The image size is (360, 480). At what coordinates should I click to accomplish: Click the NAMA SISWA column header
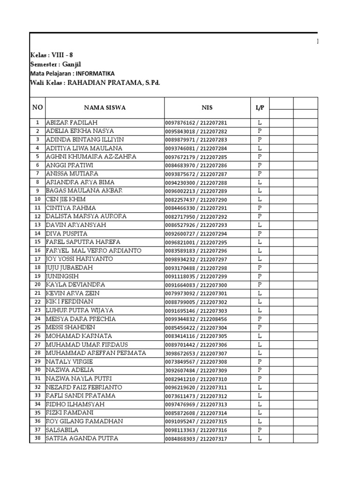[x=105, y=108]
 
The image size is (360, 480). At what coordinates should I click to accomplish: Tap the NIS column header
[x=207, y=108]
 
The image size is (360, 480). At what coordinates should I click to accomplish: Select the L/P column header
[x=259, y=108]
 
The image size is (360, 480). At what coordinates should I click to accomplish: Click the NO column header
[x=37, y=108]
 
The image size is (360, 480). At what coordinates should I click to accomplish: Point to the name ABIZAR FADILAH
[x=72, y=122]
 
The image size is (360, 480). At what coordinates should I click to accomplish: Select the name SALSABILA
[x=62, y=430]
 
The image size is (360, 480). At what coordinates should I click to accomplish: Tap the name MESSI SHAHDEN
[x=70, y=327]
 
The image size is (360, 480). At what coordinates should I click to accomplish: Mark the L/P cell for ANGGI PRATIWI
[x=259, y=165]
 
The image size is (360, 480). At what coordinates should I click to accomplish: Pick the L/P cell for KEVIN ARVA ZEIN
[x=259, y=293]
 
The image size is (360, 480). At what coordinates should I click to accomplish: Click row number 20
[x=37, y=285]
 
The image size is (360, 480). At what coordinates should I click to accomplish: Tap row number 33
[x=37, y=396]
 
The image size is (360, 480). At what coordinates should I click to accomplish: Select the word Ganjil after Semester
[x=74, y=64]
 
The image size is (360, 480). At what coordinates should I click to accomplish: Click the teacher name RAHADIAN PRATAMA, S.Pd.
[x=114, y=83]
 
